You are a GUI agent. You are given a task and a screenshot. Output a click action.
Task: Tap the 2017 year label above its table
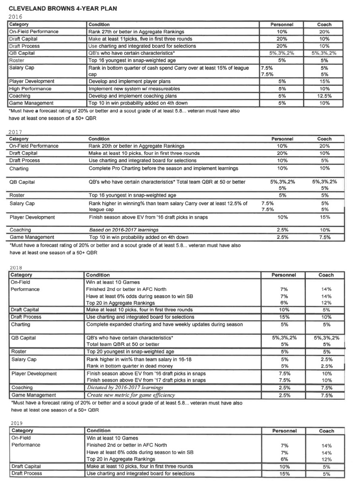point(15,132)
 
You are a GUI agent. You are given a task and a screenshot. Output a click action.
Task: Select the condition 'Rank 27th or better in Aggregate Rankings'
point(136,32)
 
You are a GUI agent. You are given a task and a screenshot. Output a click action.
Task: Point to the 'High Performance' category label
point(30,88)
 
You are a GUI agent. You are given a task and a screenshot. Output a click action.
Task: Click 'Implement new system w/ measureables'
point(134,88)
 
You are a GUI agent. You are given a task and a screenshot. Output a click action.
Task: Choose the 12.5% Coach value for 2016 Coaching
point(324,96)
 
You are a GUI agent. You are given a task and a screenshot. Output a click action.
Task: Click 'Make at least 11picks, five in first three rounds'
point(140,39)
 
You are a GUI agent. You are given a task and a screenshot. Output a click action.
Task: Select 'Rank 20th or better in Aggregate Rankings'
point(136,146)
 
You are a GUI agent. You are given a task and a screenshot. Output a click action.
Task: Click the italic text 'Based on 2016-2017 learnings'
point(123,230)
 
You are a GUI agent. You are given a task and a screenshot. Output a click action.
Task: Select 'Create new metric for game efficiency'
point(130,395)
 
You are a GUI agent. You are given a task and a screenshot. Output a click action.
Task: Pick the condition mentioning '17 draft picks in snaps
point(146,380)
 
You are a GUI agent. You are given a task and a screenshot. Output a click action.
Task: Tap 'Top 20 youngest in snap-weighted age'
point(130,351)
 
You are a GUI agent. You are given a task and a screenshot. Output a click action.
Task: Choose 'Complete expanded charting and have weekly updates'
point(164,324)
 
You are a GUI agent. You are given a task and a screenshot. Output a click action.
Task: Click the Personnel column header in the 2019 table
point(284,431)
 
